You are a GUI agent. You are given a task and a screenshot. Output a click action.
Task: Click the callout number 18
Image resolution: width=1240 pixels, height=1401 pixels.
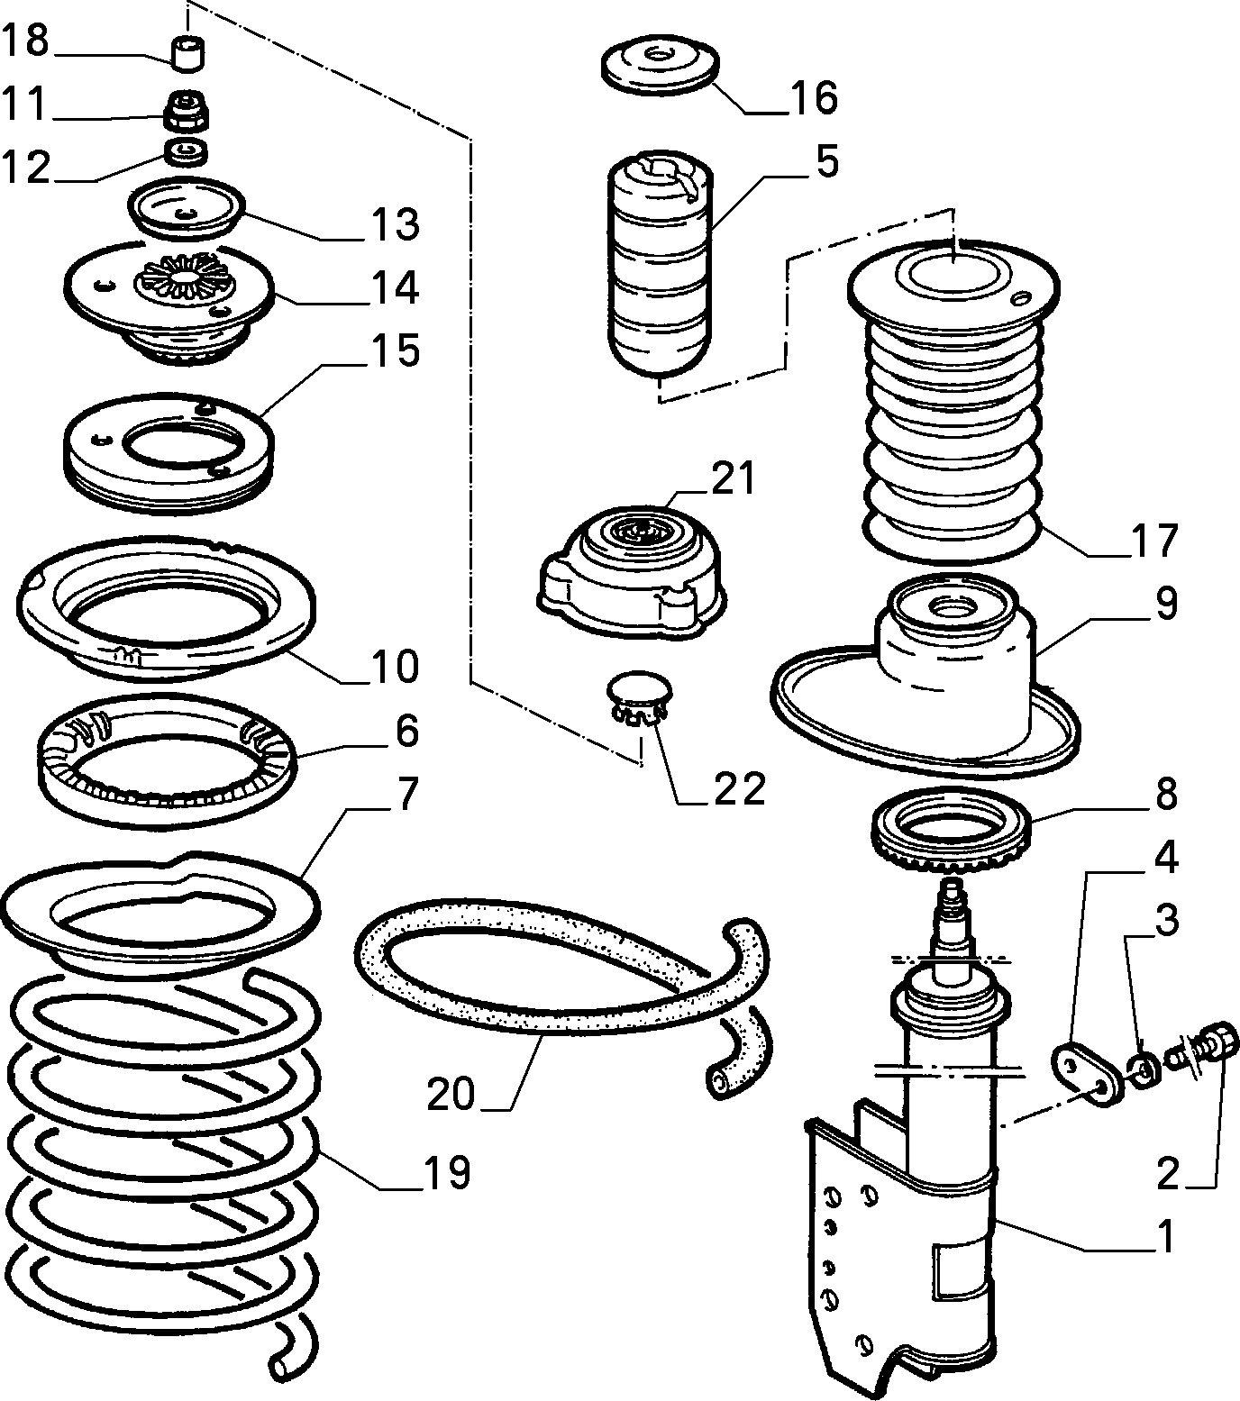coord(24,41)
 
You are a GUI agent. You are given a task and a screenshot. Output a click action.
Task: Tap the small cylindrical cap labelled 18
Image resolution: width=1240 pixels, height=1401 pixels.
coord(188,51)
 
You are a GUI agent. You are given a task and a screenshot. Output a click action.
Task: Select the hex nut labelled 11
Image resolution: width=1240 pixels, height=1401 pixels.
coord(187,111)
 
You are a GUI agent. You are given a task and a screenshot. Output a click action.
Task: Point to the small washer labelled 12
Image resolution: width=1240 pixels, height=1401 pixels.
coord(187,151)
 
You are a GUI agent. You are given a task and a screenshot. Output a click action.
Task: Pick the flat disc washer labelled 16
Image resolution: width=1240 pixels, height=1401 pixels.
coord(660,67)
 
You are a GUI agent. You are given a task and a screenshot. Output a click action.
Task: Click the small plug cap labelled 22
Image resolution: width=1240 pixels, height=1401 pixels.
coord(641,699)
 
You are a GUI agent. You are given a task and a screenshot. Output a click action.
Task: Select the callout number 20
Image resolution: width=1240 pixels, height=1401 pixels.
coord(451,1094)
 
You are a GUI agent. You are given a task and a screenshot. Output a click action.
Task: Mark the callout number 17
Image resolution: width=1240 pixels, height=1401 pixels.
coord(1154,541)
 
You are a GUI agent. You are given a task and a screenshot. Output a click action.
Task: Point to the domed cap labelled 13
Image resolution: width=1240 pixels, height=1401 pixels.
coord(186,210)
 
